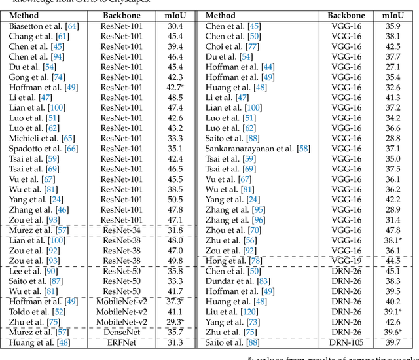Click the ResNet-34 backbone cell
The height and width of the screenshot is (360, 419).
(121, 230)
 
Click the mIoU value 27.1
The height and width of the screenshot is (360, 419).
(393, 67)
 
